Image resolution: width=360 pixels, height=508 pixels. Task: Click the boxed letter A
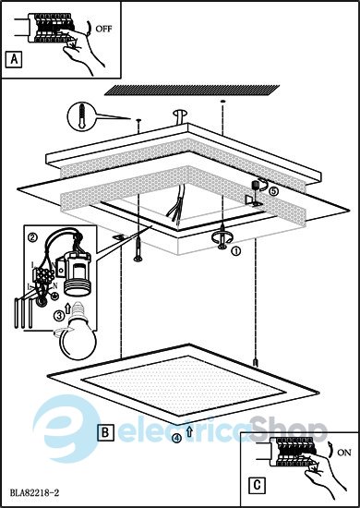click(x=14, y=59)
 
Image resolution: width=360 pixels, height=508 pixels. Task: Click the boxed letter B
click(x=105, y=432)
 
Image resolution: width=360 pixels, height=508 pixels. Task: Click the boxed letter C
click(x=257, y=486)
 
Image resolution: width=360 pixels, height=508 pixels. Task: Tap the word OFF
click(x=103, y=29)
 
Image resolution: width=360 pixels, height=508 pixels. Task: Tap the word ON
click(x=343, y=453)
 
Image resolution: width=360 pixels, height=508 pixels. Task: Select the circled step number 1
click(x=236, y=250)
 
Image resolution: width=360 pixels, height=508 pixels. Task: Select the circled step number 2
click(x=32, y=237)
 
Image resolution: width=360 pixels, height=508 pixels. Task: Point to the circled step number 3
click(x=58, y=315)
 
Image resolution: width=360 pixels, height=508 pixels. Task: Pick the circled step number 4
click(x=176, y=438)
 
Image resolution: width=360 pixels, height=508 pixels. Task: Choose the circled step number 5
click(x=273, y=191)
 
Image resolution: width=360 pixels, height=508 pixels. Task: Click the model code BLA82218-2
click(x=34, y=493)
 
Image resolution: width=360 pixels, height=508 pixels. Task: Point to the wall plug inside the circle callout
click(x=82, y=116)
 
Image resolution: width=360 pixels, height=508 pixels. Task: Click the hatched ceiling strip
click(x=192, y=91)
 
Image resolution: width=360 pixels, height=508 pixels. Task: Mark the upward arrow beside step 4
click(x=190, y=431)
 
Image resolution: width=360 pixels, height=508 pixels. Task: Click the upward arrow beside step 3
click(x=68, y=308)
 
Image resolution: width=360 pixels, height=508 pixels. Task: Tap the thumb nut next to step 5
click(x=256, y=187)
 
